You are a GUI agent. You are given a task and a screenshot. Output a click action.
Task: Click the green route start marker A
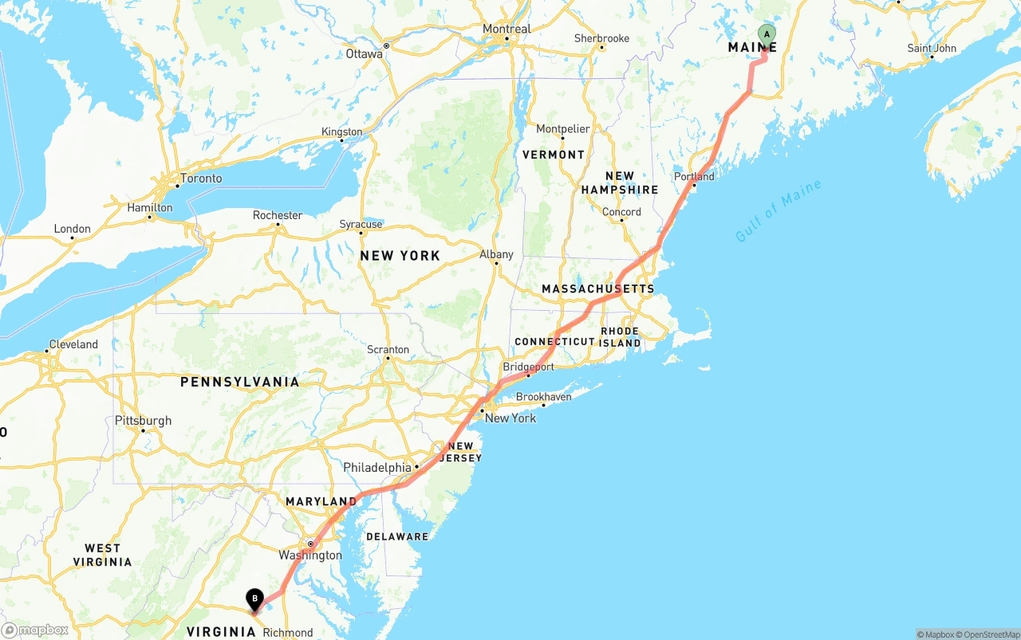point(767,34)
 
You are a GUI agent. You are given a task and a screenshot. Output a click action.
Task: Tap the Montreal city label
point(507,29)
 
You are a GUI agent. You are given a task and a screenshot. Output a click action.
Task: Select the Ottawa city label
point(364,54)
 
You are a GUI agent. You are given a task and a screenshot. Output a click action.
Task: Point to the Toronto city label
point(201,178)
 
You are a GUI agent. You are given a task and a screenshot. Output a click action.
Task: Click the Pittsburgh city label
point(143,420)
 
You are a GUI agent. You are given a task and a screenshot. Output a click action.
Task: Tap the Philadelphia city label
point(377,467)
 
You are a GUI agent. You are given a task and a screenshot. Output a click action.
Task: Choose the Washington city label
point(309,555)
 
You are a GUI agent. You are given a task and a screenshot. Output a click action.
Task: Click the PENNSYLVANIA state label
point(239,382)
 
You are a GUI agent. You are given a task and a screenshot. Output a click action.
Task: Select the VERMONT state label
point(553,155)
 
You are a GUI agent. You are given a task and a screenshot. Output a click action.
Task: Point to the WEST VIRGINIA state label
point(103,555)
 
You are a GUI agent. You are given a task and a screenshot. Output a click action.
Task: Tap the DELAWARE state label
point(397,536)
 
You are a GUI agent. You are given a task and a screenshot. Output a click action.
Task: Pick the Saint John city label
point(932,48)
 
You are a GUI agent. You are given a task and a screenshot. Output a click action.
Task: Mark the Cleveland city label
point(73,344)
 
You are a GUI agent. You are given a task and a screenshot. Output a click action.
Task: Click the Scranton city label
point(388,349)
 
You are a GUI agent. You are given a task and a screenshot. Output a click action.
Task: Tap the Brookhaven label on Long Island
point(543,397)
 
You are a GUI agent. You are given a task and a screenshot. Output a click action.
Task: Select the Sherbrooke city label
point(601,38)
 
